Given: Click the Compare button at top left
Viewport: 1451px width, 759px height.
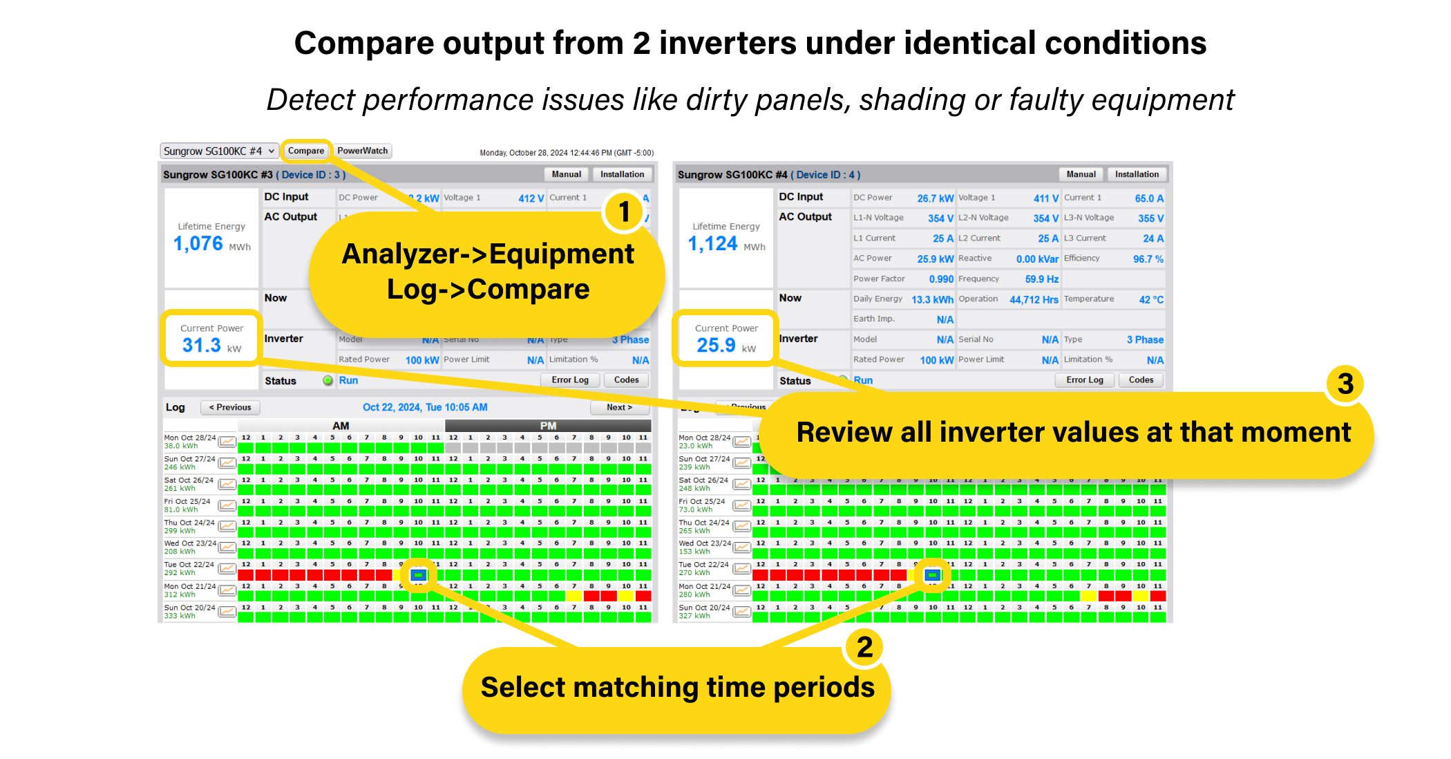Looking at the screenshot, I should (305, 151).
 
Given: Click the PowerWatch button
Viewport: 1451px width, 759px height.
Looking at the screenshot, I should (363, 151).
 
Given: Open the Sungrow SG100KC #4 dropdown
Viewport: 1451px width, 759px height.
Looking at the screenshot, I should (219, 151).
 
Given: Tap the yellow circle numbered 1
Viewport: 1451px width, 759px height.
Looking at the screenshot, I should (624, 212).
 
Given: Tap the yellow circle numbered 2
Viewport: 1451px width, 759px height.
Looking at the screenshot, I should (864, 648).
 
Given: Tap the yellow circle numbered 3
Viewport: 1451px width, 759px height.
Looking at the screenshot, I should (1345, 384).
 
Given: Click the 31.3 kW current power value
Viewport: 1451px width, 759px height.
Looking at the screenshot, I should (202, 345).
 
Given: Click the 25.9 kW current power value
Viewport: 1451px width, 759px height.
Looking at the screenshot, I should (717, 345).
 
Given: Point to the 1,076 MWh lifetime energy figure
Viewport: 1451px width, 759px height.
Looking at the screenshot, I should (198, 243).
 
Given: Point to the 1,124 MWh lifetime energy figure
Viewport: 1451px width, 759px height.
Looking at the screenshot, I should (713, 243).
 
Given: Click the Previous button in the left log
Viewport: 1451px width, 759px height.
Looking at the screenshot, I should (230, 407).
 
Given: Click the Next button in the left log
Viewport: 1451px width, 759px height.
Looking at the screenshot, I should (619, 407).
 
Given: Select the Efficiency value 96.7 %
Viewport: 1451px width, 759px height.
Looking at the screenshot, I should (1148, 259).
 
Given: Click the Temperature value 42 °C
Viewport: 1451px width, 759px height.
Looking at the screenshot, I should (1151, 299).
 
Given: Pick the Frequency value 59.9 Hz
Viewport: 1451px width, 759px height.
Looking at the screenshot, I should (1041, 279).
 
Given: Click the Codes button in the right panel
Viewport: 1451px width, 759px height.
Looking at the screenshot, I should (1141, 380).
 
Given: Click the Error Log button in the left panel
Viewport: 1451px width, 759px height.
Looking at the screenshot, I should (570, 380).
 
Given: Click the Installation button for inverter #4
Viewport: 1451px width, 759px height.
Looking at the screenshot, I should (1136, 174).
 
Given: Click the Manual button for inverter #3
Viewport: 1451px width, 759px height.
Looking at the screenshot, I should (566, 174).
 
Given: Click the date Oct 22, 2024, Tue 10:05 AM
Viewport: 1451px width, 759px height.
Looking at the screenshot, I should (425, 407).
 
